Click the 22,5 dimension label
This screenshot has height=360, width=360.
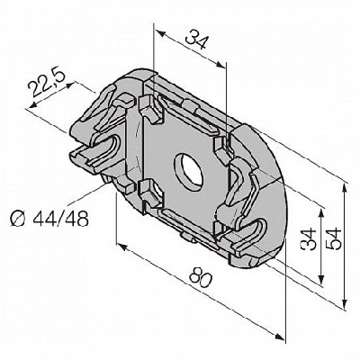pos(46,83)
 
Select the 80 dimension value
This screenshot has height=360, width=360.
pos(201,277)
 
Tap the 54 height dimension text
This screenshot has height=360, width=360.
pos(334,238)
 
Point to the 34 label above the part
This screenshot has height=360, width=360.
pos(196,40)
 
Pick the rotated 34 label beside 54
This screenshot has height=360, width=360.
pos(308,239)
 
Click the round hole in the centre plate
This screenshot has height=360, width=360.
pos(190,172)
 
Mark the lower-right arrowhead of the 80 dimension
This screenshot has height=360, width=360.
pos(279,337)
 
